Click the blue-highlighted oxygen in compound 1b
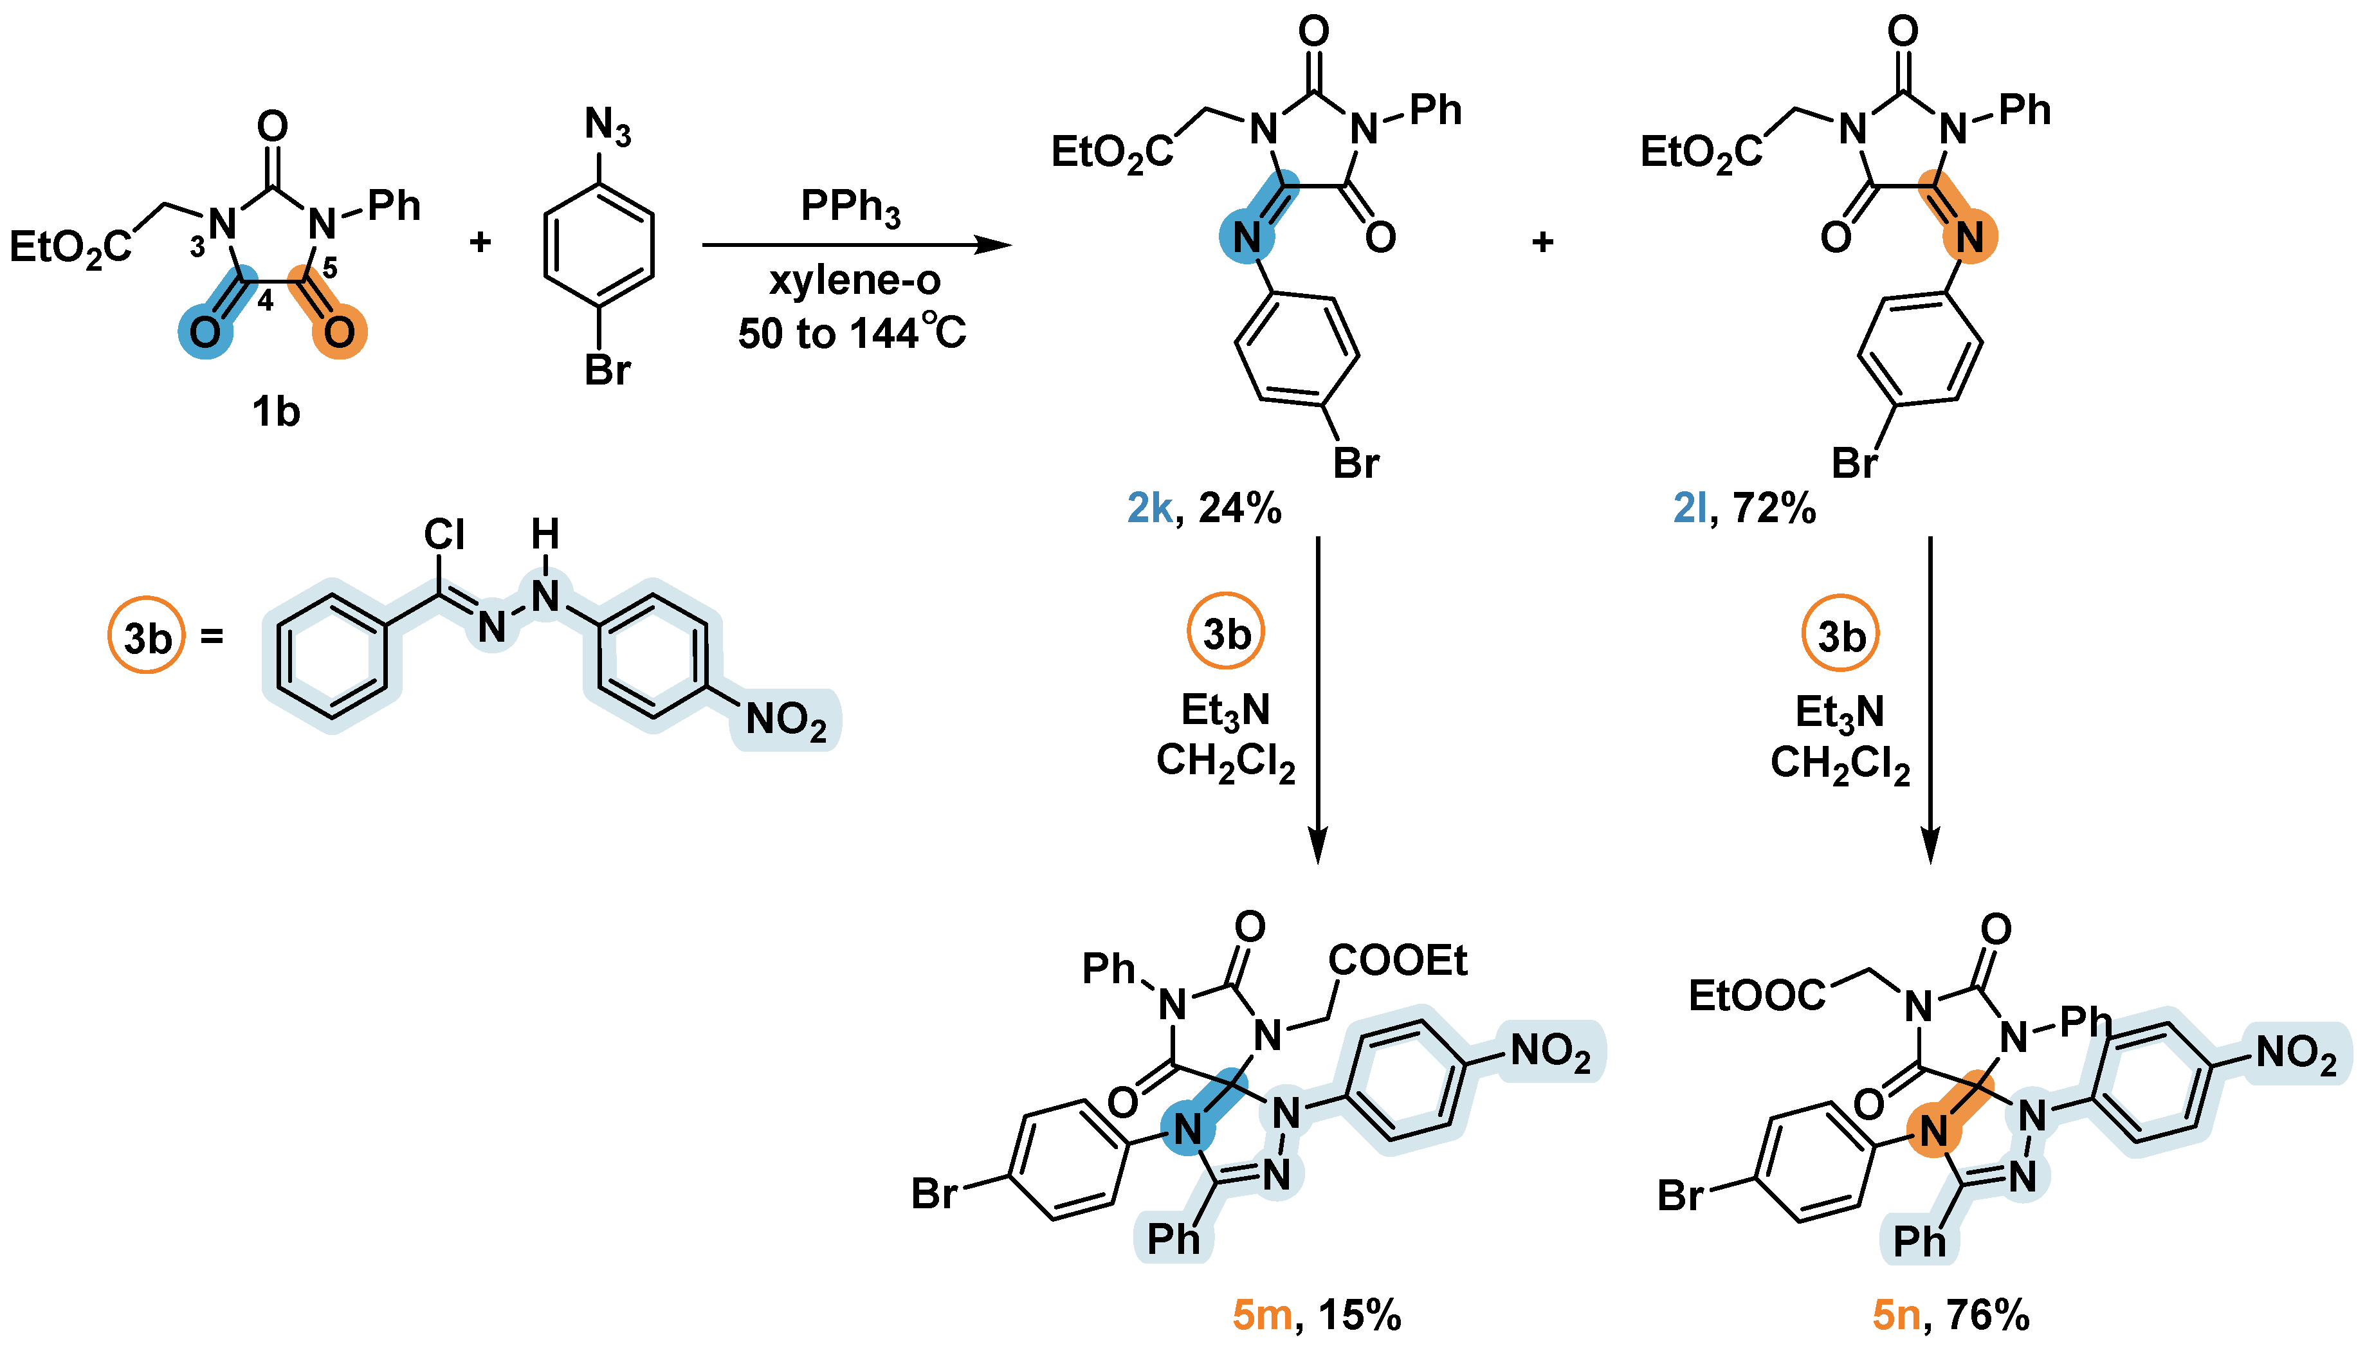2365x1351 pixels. (x=205, y=331)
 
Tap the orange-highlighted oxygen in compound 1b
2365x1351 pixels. (x=339, y=331)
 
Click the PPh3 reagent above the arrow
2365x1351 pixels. (x=850, y=206)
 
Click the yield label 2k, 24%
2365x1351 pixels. (x=1203, y=509)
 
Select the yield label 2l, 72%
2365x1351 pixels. (x=1744, y=509)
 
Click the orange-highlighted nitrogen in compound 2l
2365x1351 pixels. (x=1969, y=237)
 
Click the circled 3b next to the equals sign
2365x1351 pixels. (x=147, y=637)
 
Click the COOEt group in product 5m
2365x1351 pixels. (x=1397, y=961)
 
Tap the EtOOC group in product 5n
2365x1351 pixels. (x=1757, y=995)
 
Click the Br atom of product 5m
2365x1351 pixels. (x=933, y=1194)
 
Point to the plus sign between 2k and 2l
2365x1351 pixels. (x=1542, y=242)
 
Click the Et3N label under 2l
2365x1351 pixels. (x=1840, y=712)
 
